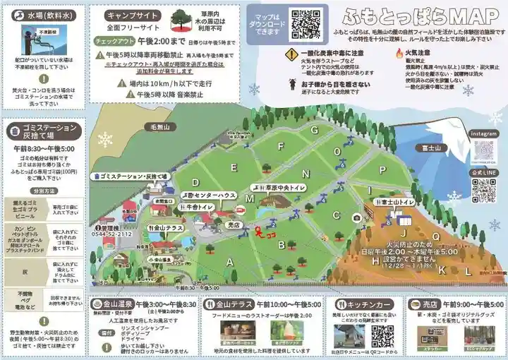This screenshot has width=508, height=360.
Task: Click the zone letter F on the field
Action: tap(281, 147)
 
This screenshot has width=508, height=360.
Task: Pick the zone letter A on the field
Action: tap(229, 261)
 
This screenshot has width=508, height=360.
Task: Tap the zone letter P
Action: tap(382, 169)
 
